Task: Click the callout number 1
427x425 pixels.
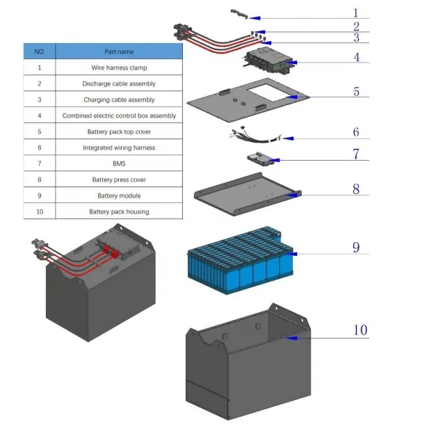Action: click(355, 13)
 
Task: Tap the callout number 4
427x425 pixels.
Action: click(356, 57)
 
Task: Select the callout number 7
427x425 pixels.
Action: click(356, 154)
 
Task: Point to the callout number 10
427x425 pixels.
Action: click(360, 330)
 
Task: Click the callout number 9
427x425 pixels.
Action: click(356, 247)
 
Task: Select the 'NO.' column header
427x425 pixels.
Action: click(39, 51)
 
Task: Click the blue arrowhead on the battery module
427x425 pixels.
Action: click(293, 255)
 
